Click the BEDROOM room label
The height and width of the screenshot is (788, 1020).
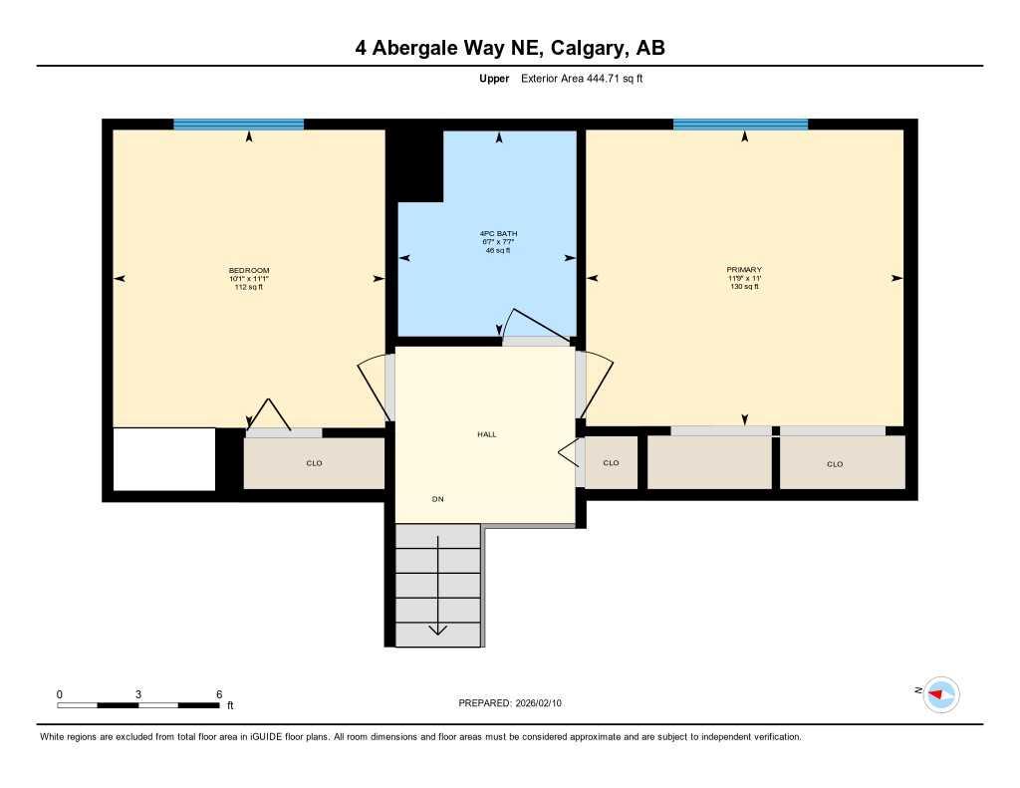(x=249, y=271)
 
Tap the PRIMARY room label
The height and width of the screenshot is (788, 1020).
(x=743, y=270)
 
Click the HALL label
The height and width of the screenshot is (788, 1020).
(x=486, y=434)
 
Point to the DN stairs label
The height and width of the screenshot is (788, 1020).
(x=437, y=498)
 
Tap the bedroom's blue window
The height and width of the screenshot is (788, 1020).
(x=238, y=125)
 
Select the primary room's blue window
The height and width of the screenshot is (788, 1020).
(x=740, y=125)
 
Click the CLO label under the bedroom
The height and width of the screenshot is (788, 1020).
(x=314, y=463)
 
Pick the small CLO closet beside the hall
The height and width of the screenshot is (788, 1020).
(x=611, y=463)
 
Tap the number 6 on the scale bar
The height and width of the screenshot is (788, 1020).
(x=218, y=694)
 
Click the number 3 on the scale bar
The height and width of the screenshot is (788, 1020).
(x=138, y=694)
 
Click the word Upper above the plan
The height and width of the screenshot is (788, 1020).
(x=494, y=79)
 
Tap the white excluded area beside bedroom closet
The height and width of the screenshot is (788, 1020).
(x=164, y=459)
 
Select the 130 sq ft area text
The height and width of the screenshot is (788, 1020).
(x=743, y=287)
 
